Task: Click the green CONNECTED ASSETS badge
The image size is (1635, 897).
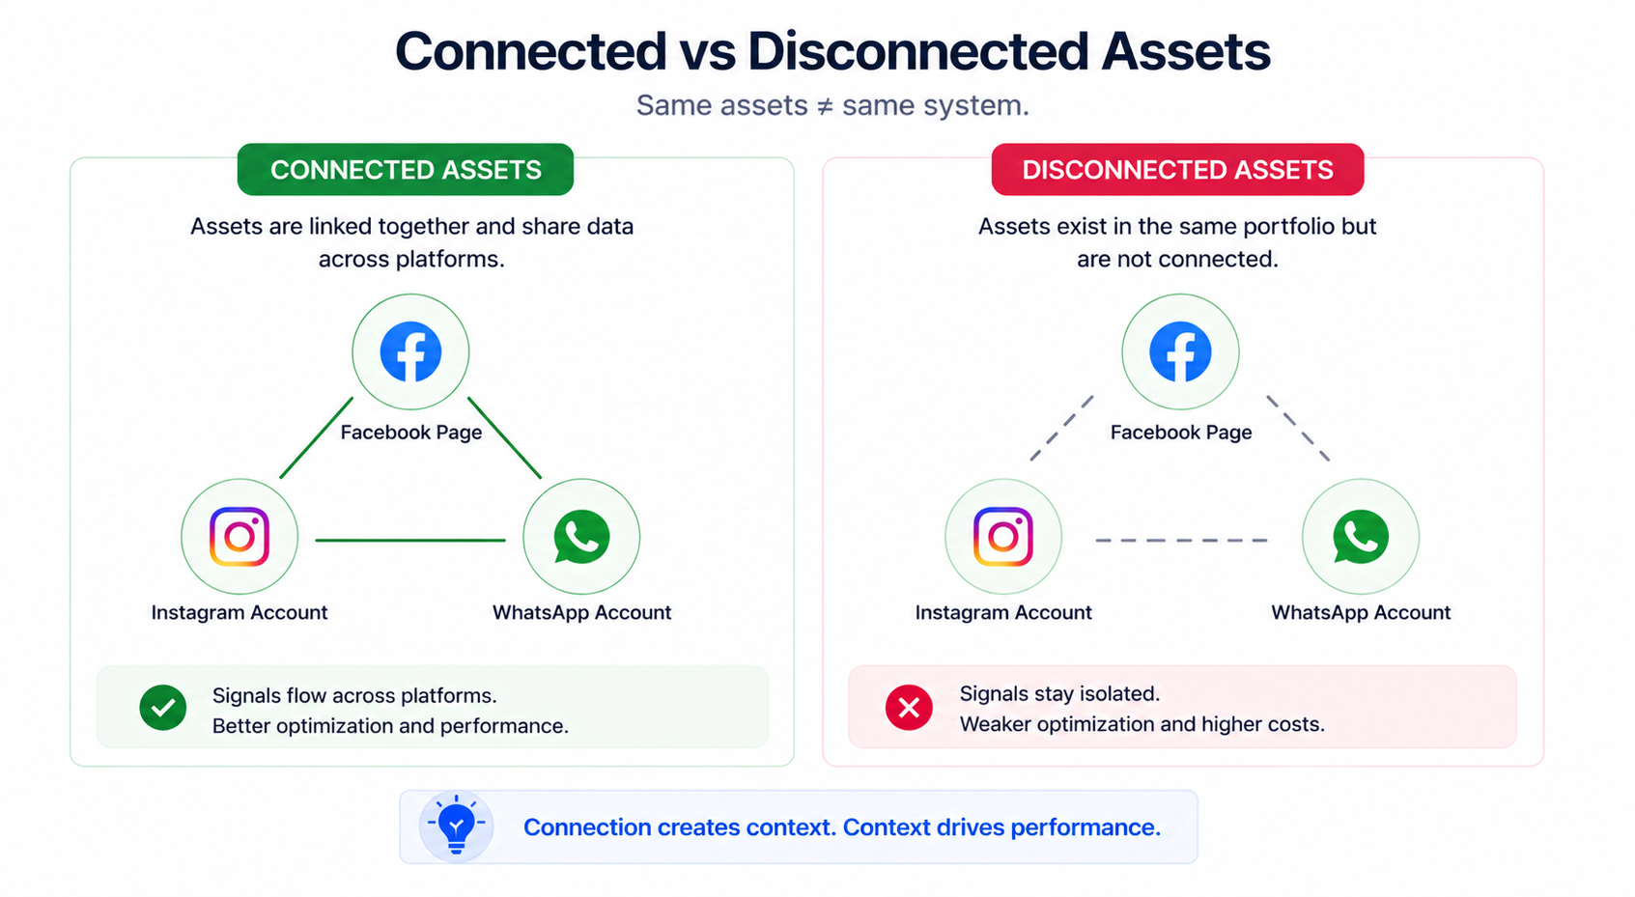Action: [405, 170]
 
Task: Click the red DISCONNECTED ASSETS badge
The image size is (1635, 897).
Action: [1176, 170]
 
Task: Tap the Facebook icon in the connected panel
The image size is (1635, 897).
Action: [410, 352]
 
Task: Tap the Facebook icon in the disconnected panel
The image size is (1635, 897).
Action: [1179, 352]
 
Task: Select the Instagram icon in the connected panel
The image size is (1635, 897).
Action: [240, 537]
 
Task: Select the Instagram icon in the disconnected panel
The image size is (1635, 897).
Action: [1002, 537]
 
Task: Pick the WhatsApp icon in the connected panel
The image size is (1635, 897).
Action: [581, 537]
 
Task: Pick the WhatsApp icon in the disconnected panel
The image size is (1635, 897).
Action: [1360, 537]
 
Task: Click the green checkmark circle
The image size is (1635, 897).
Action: [163, 708]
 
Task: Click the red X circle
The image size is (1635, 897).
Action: [909, 708]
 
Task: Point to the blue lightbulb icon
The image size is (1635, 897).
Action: [456, 827]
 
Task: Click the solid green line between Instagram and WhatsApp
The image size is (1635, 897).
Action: [410, 541]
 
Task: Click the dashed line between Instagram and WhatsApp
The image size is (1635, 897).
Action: [1181, 541]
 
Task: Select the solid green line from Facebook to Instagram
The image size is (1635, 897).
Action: [316, 438]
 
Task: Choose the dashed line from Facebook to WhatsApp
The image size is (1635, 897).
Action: [1298, 428]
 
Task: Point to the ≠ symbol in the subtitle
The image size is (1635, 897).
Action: [825, 106]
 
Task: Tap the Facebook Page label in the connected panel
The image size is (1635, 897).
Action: [410, 433]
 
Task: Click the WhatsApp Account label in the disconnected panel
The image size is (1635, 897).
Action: [1360, 612]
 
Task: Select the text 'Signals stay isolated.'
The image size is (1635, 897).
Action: [1059, 693]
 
